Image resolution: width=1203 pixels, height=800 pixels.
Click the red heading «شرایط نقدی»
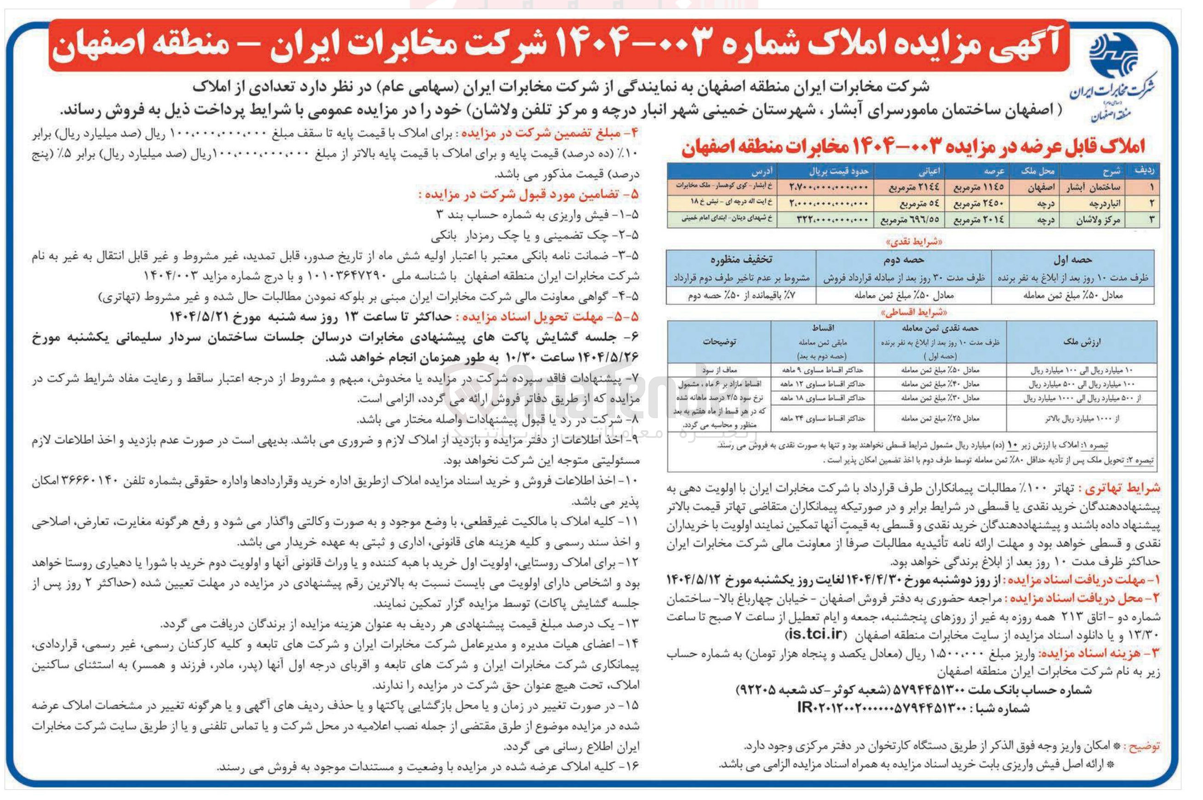(x=910, y=241)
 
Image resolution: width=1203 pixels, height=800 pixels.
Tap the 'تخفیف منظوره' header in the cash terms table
(x=741, y=260)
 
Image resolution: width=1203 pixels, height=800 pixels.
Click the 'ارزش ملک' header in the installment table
(x=1081, y=341)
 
